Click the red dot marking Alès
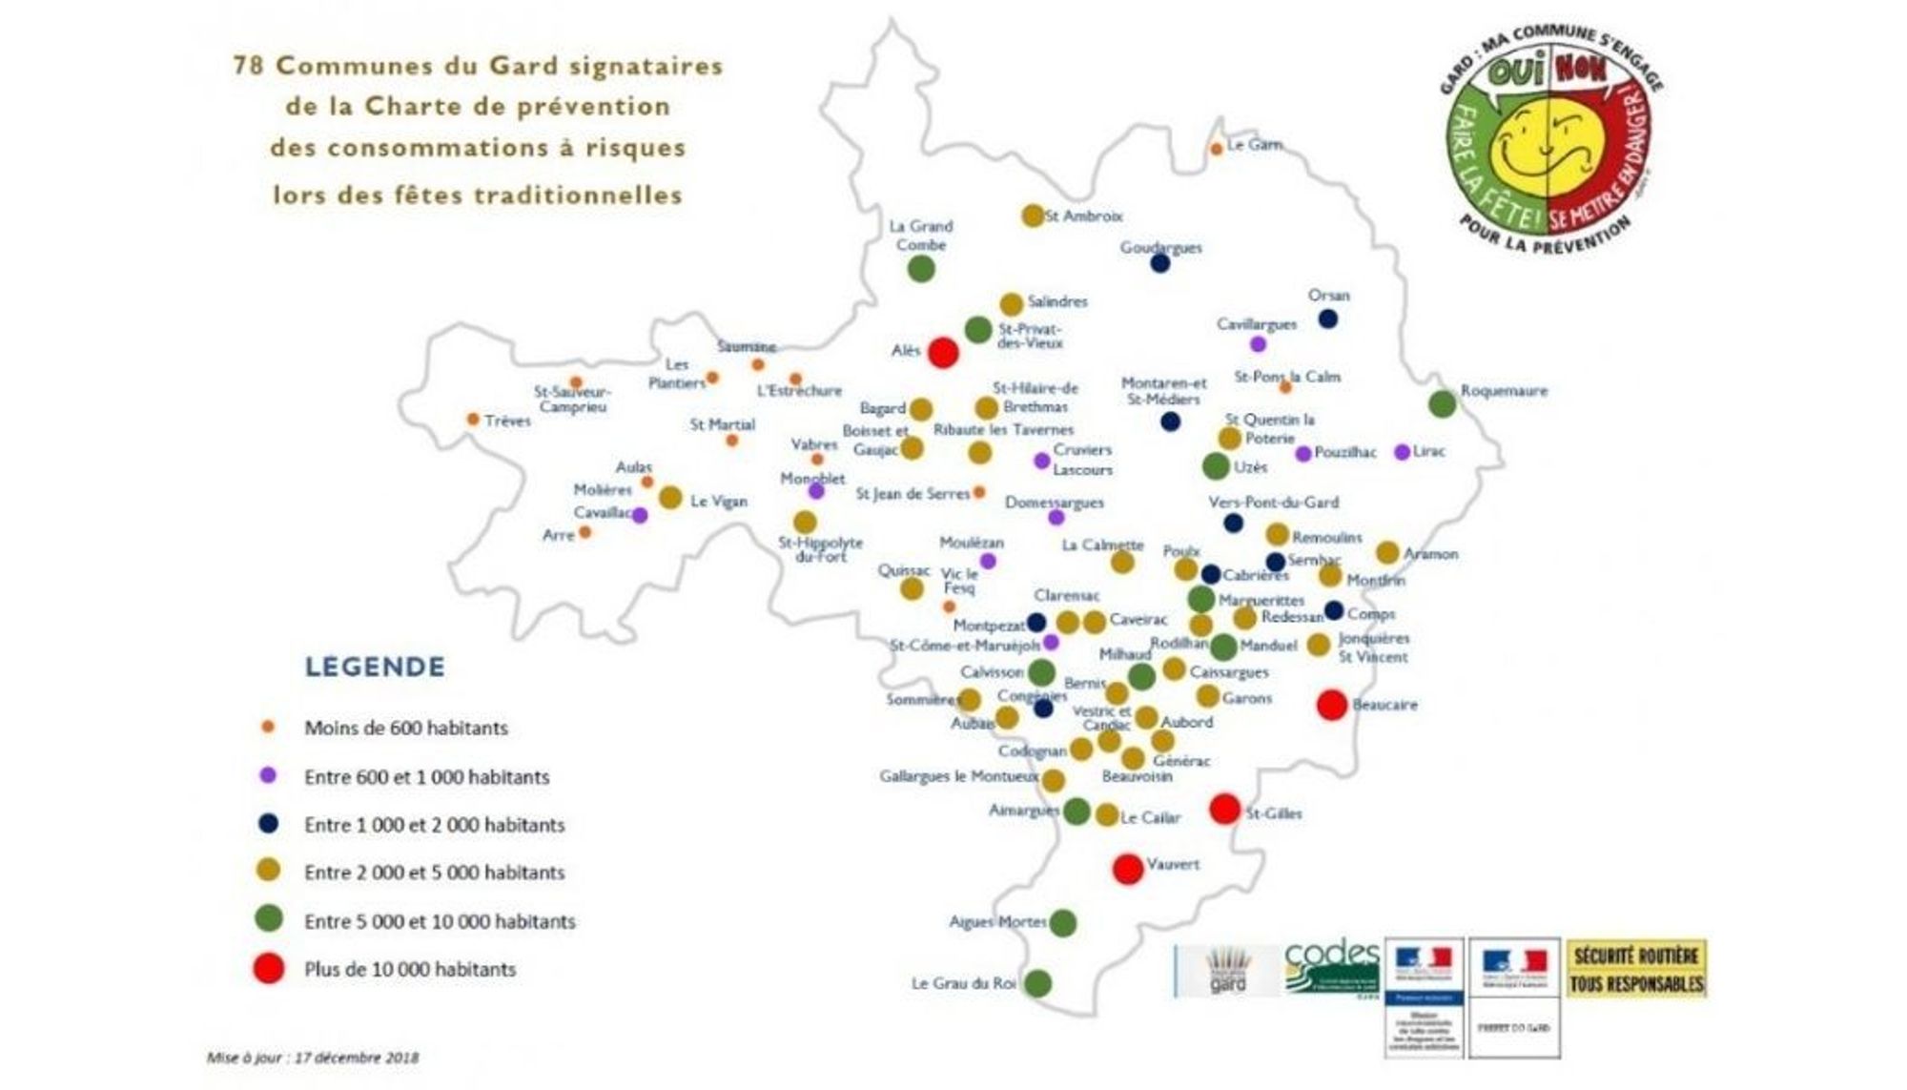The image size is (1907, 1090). pos(943,352)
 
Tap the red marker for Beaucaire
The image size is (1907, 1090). pos(1332,705)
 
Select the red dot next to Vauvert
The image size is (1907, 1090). pos(1128,869)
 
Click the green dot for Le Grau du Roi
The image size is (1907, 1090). pos(1037,983)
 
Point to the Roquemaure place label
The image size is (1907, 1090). pos(1504,390)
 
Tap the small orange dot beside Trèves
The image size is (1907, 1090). pos(473,420)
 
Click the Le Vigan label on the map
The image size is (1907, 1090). pos(718,501)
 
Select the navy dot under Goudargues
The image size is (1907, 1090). pos(1159,263)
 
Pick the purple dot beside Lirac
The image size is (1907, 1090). pos(1402,452)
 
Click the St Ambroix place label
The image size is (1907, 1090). pos(1083,216)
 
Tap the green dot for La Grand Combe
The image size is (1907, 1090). pos(920,269)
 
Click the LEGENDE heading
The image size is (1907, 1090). pos(375,667)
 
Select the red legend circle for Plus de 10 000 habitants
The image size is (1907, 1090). pos(269,969)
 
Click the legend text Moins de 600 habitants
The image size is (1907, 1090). pos(405,728)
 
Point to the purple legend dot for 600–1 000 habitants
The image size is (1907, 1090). pos(268,776)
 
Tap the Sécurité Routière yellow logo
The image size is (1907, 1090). pos(1636,969)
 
